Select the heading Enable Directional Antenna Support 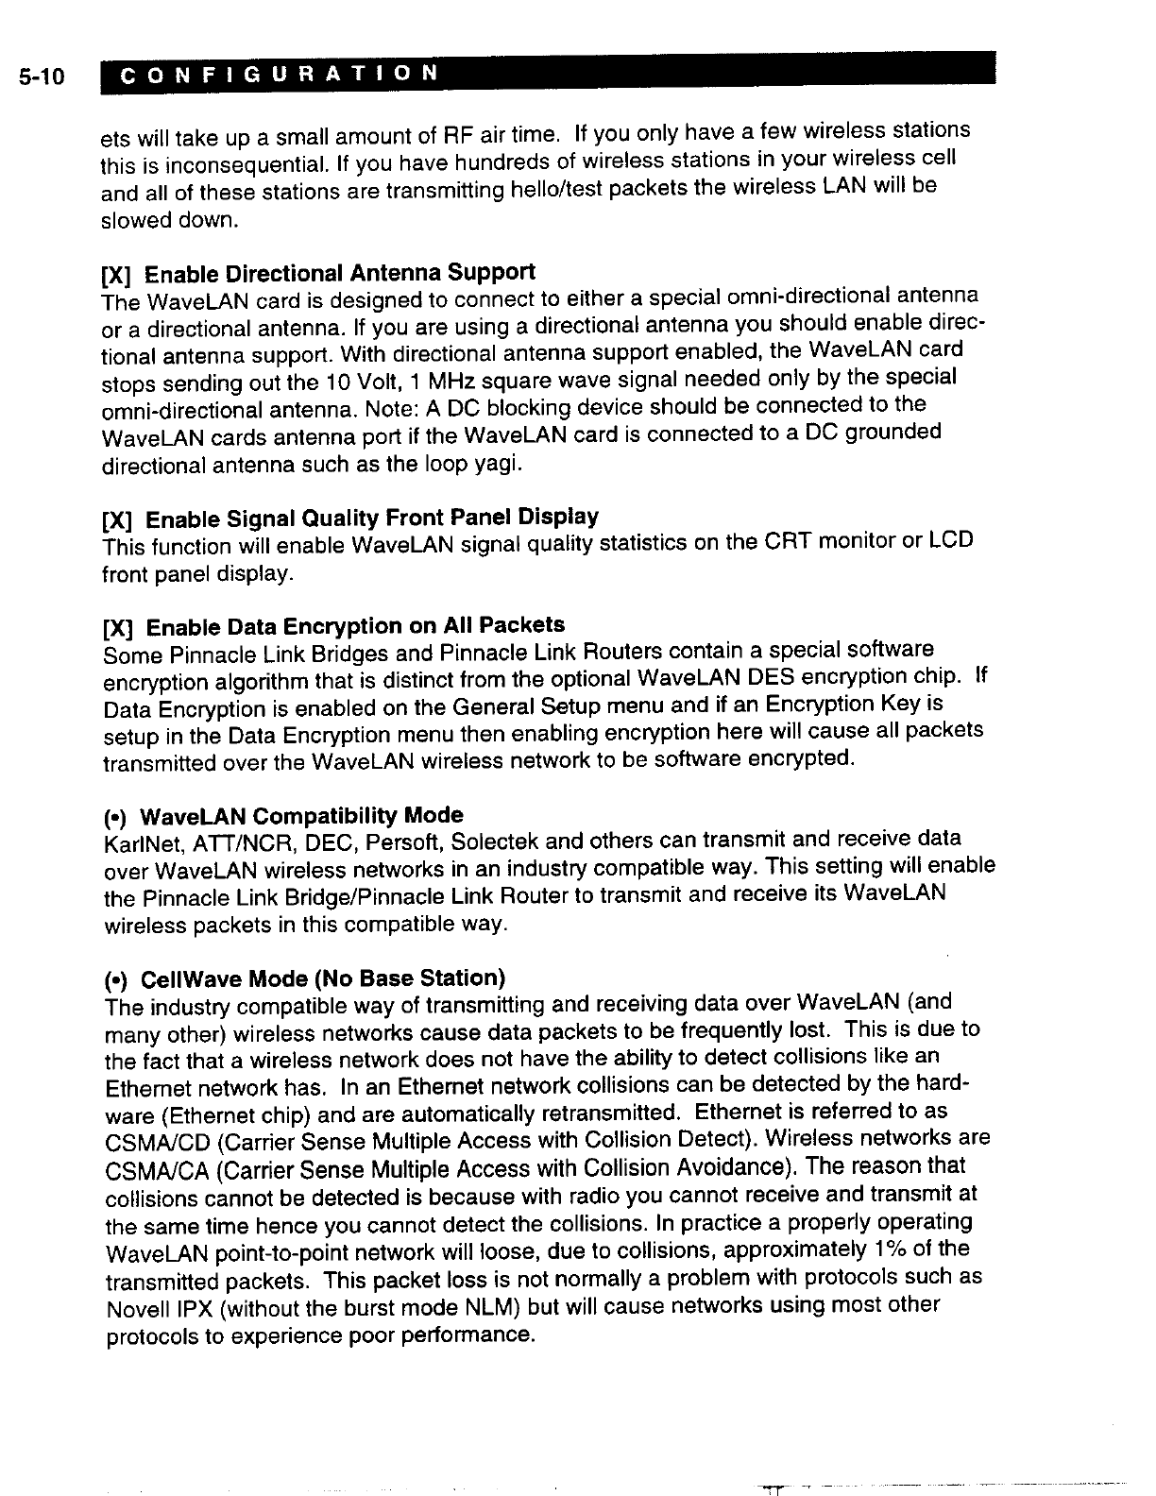coord(340,274)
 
